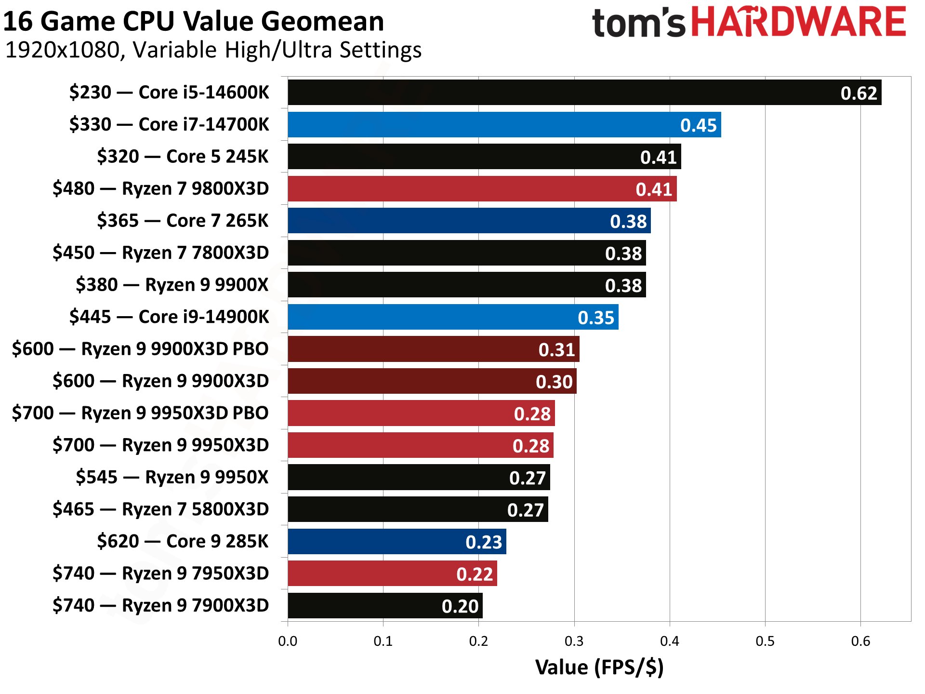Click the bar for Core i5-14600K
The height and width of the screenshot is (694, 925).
[584, 93]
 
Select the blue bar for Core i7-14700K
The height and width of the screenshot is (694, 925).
[504, 125]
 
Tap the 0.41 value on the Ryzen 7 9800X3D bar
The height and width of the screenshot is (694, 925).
[654, 189]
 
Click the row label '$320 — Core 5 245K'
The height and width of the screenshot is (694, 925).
[183, 157]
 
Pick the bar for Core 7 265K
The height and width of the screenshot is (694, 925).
[469, 221]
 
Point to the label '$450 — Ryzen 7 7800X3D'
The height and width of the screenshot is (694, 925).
[160, 253]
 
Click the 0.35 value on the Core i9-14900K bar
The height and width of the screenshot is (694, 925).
[596, 318]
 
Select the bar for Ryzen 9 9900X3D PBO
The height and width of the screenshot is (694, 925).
[433, 349]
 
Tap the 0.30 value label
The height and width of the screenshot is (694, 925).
[554, 382]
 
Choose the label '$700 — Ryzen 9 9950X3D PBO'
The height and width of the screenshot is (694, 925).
[140, 413]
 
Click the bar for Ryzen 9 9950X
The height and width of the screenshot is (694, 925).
[418, 477]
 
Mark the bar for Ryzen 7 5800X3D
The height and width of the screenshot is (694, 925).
[417, 509]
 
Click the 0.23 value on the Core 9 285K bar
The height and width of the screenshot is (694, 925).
[484, 542]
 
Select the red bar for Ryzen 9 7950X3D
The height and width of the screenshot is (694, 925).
[392, 574]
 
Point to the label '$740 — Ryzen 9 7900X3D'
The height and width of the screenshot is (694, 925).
[160, 605]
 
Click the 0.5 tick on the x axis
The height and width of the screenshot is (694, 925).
[765, 641]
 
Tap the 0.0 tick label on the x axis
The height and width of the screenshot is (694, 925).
[288, 641]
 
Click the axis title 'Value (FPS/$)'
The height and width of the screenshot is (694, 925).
[599, 667]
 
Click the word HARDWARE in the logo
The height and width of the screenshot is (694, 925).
[799, 22]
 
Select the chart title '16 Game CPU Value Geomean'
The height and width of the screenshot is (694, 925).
[194, 21]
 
